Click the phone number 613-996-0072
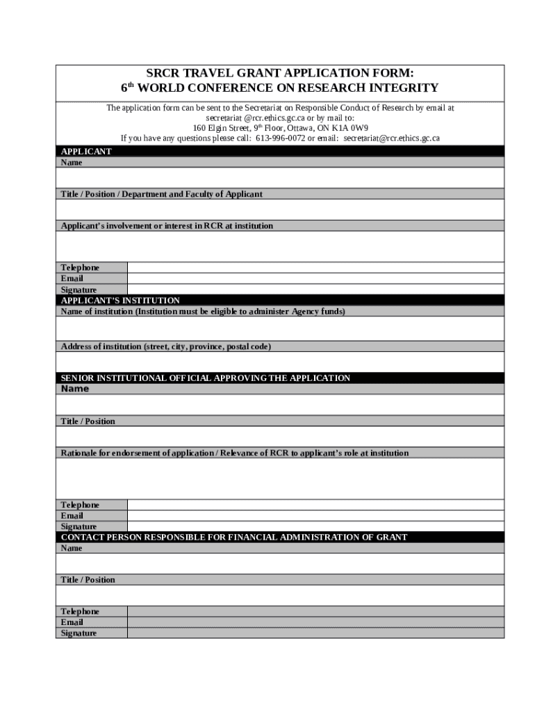(x=281, y=138)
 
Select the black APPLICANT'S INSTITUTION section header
(x=120, y=300)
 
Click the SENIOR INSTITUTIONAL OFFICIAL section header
(x=206, y=378)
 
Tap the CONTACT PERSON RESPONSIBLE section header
(x=234, y=537)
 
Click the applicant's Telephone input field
(x=315, y=268)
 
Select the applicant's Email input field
(x=315, y=279)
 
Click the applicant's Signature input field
(x=315, y=289)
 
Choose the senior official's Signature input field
(x=315, y=526)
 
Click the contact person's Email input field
(x=315, y=622)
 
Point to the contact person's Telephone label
(x=80, y=612)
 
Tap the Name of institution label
(x=202, y=311)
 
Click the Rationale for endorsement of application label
(x=234, y=453)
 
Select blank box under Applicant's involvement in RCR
(x=280, y=246)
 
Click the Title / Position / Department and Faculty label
(x=161, y=195)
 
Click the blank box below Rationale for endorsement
(x=280, y=478)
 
